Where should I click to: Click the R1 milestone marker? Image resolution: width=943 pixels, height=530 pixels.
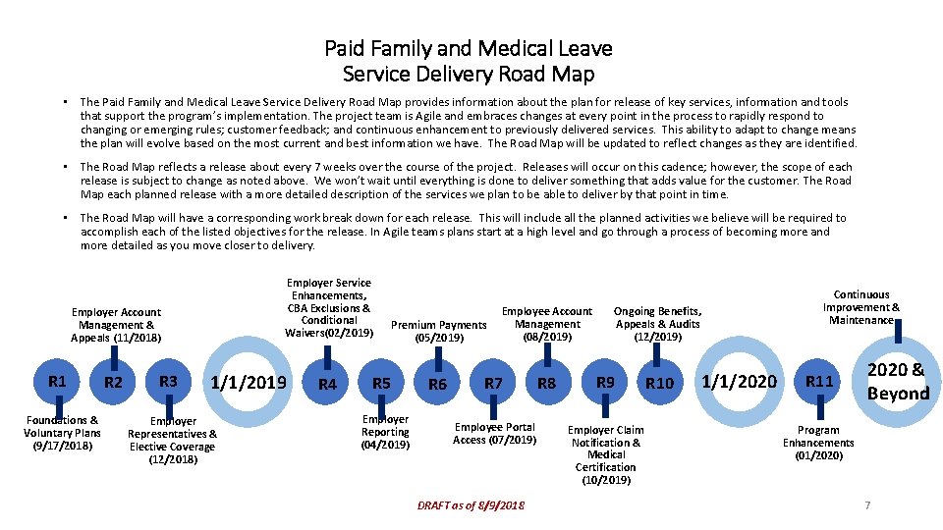tap(58, 381)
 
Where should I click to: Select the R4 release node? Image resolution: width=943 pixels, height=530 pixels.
tap(327, 384)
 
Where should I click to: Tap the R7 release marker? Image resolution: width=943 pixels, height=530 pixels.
tap(494, 383)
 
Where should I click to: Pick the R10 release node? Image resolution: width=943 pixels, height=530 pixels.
tap(659, 383)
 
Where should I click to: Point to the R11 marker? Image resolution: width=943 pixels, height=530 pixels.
tap(819, 381)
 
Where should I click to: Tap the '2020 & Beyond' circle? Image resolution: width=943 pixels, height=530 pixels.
tap(897, 381)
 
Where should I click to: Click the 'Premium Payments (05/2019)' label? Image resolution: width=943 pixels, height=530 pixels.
tap(438, 332)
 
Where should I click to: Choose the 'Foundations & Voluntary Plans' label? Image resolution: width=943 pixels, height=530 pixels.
tap(62, 432)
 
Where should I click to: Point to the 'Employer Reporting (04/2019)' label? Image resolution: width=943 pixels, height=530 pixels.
tap(385, 432)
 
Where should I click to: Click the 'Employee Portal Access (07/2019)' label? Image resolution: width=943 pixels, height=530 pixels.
tap(494, 433)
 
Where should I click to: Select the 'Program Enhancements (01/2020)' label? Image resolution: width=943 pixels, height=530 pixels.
tap(818, 443)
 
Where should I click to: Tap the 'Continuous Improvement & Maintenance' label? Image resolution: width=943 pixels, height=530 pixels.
tap(860, 307)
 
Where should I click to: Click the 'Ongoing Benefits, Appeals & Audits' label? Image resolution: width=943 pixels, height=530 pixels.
tap(657, 324)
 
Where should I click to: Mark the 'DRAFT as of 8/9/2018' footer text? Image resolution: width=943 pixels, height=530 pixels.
tap(471, 504)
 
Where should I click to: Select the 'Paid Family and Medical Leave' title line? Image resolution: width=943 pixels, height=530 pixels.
tap(469, 48)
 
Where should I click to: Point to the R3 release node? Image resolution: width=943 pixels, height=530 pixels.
tap(168, 381)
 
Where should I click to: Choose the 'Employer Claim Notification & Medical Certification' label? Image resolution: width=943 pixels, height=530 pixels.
tap(606, 454)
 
